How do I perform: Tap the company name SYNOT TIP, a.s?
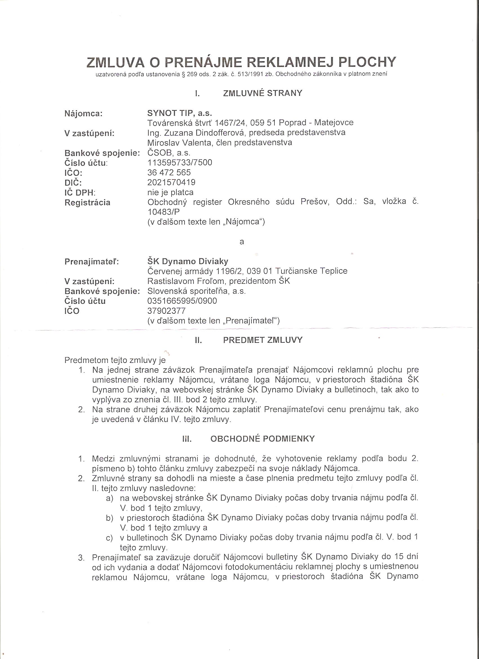pos(180,113)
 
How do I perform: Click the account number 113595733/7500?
pos(180,162)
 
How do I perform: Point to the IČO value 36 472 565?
pos(169,173)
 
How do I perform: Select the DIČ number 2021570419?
pos(171,182)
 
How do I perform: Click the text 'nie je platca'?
pos(170,192)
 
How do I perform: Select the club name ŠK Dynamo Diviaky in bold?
pos(188,261)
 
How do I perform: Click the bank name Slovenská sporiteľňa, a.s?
pos(197,291)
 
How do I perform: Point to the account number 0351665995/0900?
pos(182,301)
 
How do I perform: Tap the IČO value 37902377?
pos(167,311)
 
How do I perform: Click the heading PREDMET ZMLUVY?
pos(263,340)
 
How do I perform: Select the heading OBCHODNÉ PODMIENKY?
pos(263,439)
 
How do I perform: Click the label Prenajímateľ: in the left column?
pos(92,262)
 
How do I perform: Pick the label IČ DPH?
pos(80,193)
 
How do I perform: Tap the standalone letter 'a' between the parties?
pos(241,242)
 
